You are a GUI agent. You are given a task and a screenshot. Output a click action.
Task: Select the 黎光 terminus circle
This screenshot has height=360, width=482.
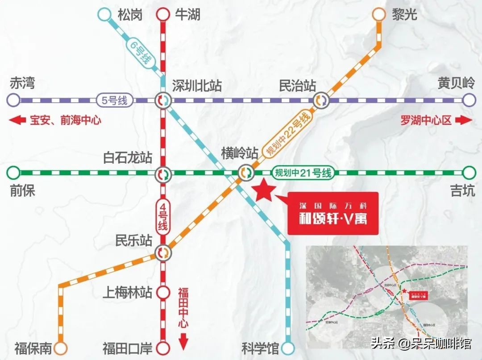pos(378,14)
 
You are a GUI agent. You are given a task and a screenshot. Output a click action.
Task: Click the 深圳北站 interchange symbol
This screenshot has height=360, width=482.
pos(162,100)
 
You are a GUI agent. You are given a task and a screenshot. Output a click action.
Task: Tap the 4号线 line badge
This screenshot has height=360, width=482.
pos(162,216)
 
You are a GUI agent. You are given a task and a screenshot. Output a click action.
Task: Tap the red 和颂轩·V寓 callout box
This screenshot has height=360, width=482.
pos(332,213)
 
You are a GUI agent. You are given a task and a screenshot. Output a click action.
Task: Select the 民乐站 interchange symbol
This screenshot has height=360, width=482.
pos(162,253)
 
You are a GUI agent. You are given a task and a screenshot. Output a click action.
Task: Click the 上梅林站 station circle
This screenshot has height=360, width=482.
pos(162,293)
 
